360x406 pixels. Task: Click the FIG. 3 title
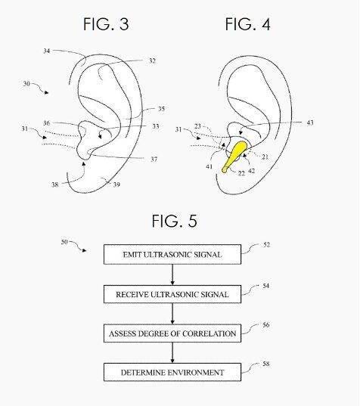pyautogui.click(x=106, y=24)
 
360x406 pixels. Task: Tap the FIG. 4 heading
pyautogui.click(x=248, y=24)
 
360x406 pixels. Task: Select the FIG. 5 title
pyautogui.click(x=174, y=221)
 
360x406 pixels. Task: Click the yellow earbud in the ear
pyautogui.click(x=235, y=157)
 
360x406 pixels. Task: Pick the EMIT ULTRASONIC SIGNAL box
pyautogui.click(x=172, y=254)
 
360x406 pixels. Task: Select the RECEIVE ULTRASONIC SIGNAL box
pyautogui.click(x=172, y=294)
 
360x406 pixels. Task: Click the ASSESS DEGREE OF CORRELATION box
pyautogui.click(x=172, y=333)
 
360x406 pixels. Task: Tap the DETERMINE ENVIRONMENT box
pyautogui.click(x=172, y=372)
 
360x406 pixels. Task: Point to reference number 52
pyautogui.click(x=266, y=245)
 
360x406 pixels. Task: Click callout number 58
pyautogui.click(x=266, y=364)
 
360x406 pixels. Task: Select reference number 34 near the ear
pyautogui.click(x=47, y=51)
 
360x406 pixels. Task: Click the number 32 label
pyautogui.click(x=152, y=60)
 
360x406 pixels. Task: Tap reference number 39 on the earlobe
pyautogui.click(x=116, y=184)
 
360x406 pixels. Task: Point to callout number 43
pyautogui.click(x=310, y=122)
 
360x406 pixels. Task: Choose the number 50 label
pyautogui.click(x=64, y=242)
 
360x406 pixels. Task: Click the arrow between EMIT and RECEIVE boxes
pyautogui.click(x=172, y=274)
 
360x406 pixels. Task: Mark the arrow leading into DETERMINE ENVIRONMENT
pyautogui.click(x=172, y=352)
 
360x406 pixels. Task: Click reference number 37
pyautogui.click(x=154, y=160)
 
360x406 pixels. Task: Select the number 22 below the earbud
pyautogui.click(x=241, y=173)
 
